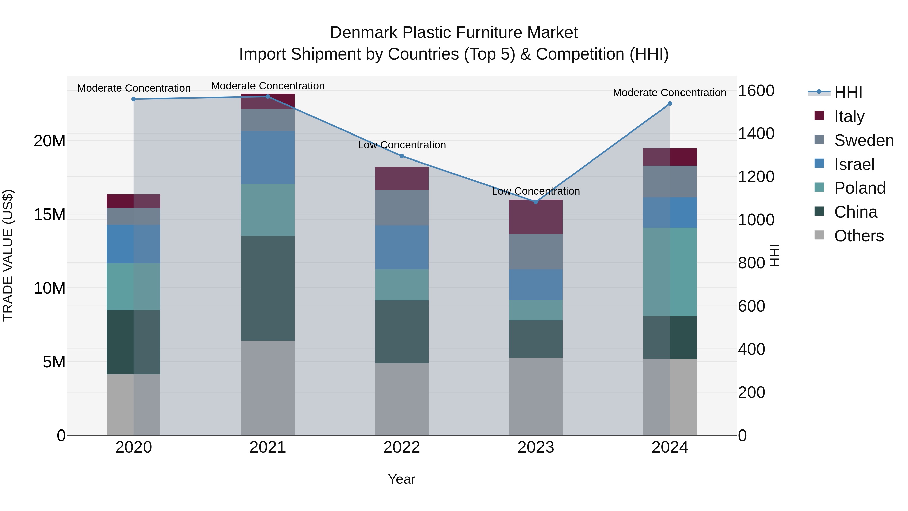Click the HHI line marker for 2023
[x=536, y=202]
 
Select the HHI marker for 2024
[x=670, y=104]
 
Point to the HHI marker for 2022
[x=402, y=156]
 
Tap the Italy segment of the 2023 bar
[x=536, y=217]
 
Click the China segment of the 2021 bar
[x=268, y=288]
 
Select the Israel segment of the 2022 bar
[x=402, y=247]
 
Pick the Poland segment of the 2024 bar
[x=670, y=272]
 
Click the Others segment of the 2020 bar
[x=134, y=405]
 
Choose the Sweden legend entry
[x=864, y=140]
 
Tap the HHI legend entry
[x=848, y=92]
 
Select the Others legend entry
[x=859, y=236]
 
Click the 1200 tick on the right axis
[x=756, y=176]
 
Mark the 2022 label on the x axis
[x=402, y=447]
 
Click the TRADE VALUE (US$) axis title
[x=8, y=255]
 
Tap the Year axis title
[x=402, y=479]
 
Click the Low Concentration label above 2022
[x=402, y=145]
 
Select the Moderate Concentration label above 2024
[x=669, y=93]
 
